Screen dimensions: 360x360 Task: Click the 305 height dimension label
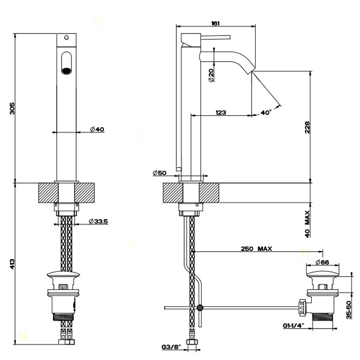(12, 109)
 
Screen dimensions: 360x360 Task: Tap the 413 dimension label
(12, 264)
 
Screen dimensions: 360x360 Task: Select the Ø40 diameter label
(97, 129)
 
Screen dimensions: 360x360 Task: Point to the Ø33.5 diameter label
(98, 221)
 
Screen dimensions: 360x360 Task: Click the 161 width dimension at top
(215, 23)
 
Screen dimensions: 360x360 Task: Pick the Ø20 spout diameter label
(211, 75)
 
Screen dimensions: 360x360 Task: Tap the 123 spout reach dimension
(221, 112)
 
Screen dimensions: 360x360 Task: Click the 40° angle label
(266, 112)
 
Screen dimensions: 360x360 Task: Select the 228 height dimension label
(307, 128)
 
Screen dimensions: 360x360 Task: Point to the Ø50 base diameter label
(159, 173)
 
